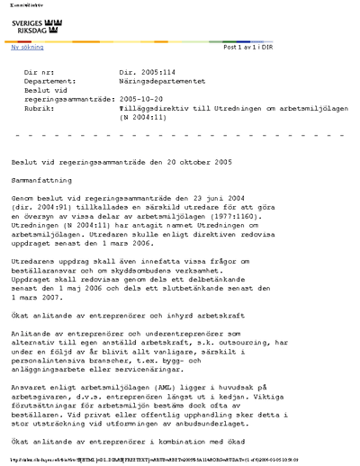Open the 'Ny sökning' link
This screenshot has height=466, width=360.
[x=27, y=47]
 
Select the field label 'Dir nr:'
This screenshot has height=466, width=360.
[x=41, y=70]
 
